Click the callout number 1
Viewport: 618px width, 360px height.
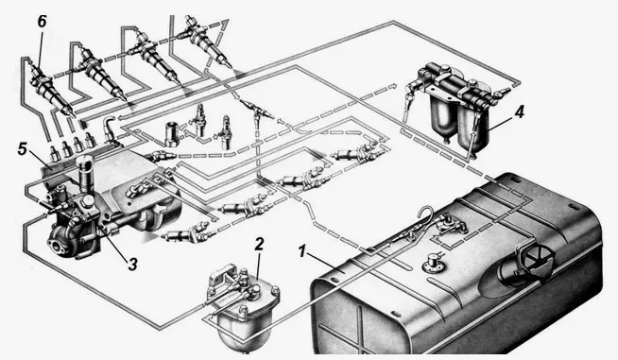pos(302,251)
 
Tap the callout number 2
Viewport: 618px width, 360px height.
pos(259,245)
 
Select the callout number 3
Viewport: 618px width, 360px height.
pos(133,265)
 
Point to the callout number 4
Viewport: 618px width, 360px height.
pos(520,112)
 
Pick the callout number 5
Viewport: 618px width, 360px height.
pos(23,149)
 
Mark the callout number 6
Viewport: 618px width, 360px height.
pos(42,22)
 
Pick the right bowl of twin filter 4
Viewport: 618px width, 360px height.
pos(474,127)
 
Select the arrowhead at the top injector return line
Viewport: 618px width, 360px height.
pos(224,25)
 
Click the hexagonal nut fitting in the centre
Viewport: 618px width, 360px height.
pos(172,135)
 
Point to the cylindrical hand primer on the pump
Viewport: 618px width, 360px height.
pos(85,174)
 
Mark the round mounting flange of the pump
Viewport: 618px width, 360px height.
pos(60,244)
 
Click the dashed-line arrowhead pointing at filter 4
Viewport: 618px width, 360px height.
pos(392,85)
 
